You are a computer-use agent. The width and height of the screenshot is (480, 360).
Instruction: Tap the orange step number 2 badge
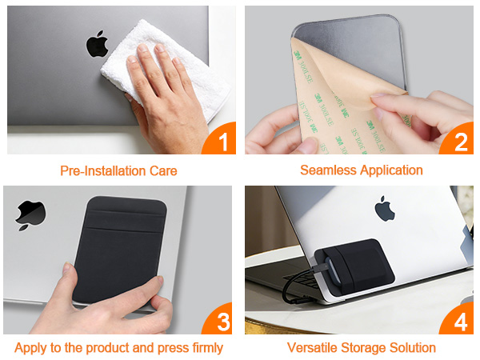[461, 142]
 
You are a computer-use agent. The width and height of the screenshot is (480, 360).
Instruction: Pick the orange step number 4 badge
[461, 322]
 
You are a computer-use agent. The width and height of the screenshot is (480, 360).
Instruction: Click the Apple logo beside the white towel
[97, 43]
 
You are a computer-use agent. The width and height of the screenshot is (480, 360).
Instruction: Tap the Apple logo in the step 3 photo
[31, 215]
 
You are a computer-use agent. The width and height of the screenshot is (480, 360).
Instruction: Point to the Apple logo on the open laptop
[386, 209]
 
